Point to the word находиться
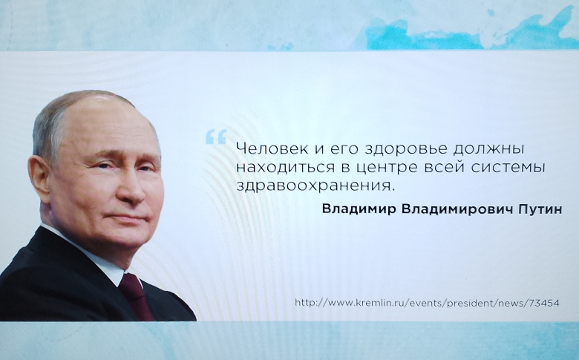(x=280, y=168)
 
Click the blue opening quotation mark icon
(x=216, y=137)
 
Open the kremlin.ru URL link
(x=427, y=303)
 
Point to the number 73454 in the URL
(x=544, y=303)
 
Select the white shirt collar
(x=88, y=255)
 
